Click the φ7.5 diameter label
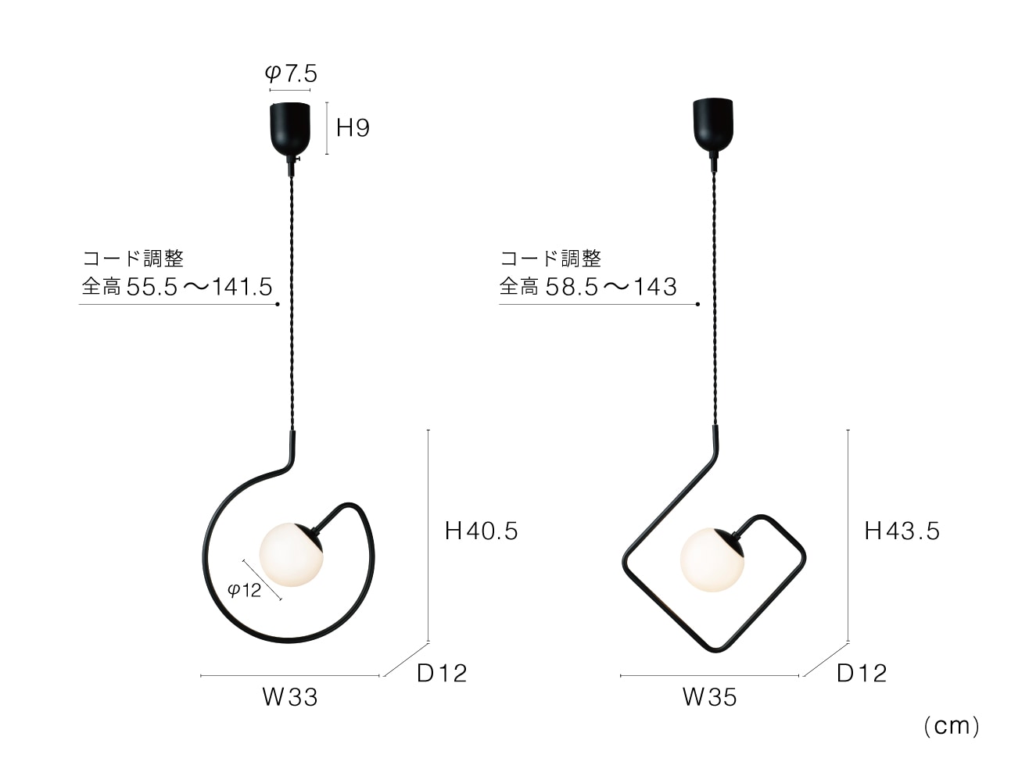click(x=291, y=73)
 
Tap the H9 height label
click(x=353, y=127)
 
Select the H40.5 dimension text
click(x=481, y=531)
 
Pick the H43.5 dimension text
click(x=902, y=531)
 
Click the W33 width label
click(x=290, y=697)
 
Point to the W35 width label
click(x=710, y=697)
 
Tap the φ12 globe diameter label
click(x=244, y=590)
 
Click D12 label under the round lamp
click(x=442, y=673)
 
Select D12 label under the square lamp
click(x=862, y=673)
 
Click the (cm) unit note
click(x=951, y=726)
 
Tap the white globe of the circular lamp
click(x=289, y=553)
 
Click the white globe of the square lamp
click(x=710, y=560)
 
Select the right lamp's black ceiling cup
click(x=712, y=123)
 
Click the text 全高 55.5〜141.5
click(x=177, y=288)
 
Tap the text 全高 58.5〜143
click(x=588, y=288)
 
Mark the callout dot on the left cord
click(x=278, y=305)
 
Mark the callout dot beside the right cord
click(x=697, y=305)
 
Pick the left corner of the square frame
click(x=624, y=560)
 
